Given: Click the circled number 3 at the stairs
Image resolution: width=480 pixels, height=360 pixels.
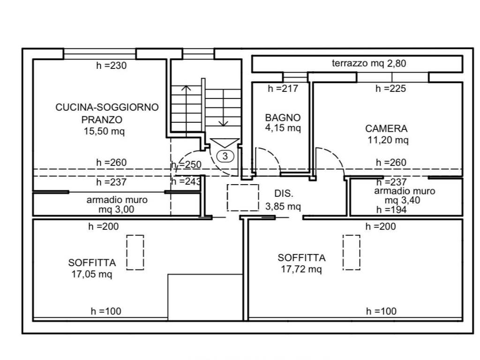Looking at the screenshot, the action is [225, 156].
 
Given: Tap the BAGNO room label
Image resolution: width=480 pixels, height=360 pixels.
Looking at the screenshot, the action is [283, 118].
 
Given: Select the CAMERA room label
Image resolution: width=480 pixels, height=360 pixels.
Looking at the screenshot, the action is [386, 128].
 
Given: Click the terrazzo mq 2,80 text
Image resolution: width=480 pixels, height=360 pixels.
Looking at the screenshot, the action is [369, 63].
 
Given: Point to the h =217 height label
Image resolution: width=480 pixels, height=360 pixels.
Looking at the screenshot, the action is [283, 89].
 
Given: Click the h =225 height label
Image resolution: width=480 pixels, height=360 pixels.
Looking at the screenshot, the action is [390, 89].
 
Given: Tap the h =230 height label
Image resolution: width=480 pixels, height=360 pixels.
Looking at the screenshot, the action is [112, 66].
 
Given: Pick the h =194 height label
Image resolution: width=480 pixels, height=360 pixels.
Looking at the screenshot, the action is [391, 210].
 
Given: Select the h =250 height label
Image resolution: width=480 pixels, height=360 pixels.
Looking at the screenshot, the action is [187, 165].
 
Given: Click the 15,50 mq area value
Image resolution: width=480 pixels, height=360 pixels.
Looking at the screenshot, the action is [105, 131].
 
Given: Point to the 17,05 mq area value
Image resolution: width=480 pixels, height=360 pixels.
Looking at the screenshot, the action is [92, 274].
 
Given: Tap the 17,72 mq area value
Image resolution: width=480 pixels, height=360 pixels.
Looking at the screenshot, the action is [301, 269].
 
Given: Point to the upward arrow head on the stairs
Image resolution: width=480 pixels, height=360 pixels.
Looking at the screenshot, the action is [186, 88].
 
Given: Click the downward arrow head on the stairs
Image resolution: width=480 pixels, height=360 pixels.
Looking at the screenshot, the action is [223, 123].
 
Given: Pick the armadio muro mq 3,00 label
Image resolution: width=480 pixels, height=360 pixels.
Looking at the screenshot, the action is [117, 205].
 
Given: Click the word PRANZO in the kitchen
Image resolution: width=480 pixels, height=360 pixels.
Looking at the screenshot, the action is [102, 120].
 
